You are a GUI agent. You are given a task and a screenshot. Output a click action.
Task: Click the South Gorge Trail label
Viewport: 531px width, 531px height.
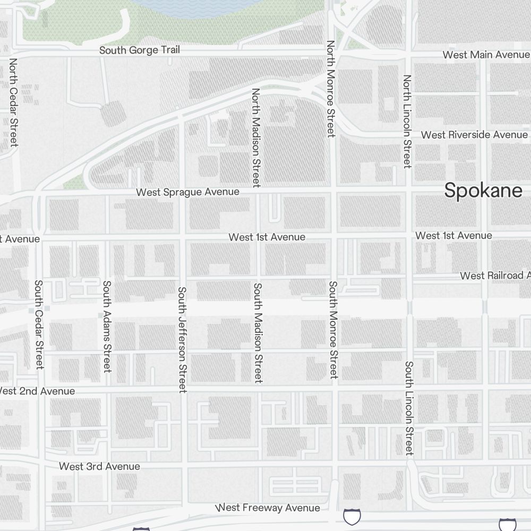click(x=140, y=50)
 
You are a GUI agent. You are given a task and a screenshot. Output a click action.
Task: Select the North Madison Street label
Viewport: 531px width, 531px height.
click(x=256, y=138)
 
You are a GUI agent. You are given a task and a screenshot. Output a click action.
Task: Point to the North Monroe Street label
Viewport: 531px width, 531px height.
click(x=331, y=89)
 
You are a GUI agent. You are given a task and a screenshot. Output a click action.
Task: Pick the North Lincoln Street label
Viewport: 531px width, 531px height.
click(x=407, y=121)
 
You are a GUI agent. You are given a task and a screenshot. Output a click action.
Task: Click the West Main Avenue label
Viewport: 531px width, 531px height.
click(x=486, y=55)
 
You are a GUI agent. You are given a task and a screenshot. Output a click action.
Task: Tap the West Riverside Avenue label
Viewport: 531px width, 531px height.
click(x=474, y=135)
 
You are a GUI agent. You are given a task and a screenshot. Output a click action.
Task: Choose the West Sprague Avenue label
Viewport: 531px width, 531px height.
click(x=187, y=192)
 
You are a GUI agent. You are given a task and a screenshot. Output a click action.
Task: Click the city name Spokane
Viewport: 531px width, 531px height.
click(x=483, y=190)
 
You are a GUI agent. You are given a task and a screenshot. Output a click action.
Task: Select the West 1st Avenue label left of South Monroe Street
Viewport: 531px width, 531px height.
click(x=267, y=237)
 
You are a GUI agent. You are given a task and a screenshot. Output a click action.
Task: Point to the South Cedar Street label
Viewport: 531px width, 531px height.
click(x=39, y=324)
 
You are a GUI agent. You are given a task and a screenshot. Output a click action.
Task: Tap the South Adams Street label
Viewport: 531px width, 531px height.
click(x=107, y=326)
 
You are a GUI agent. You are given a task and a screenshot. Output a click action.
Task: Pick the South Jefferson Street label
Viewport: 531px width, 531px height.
click(x=182, y=340)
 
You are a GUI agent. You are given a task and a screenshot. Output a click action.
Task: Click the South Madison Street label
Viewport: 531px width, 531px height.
click(x=258, y=333)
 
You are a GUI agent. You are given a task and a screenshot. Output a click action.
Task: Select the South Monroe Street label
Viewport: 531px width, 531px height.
click(x=333, y=330)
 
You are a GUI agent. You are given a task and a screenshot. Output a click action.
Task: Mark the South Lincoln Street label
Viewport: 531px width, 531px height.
click(x=409, y=408)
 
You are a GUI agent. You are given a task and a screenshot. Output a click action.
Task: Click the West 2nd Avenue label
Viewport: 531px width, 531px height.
click(x=36, y=391)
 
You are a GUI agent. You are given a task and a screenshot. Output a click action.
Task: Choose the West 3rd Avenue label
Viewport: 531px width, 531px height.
click(x=99, y=466)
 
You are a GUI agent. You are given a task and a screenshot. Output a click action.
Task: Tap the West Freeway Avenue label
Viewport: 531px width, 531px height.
click(x=268, y=508)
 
